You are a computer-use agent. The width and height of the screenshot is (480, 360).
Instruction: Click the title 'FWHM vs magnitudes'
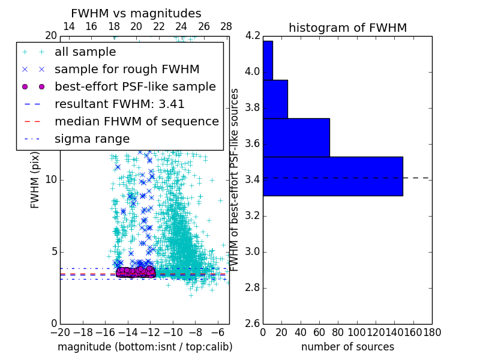[136, 13]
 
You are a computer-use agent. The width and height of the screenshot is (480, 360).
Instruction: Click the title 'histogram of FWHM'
[347, 28]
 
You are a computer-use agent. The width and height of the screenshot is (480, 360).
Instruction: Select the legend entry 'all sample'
[85, 52]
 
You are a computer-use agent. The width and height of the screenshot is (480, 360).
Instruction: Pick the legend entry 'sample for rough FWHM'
[127, 69]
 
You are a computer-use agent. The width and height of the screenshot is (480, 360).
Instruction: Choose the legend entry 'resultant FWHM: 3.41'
[119, 104]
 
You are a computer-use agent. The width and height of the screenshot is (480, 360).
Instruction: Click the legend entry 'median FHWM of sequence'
[136, 121]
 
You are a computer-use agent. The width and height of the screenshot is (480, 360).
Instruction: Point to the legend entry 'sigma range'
[92, 139]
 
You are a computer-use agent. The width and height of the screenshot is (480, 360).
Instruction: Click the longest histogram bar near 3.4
[332, 176]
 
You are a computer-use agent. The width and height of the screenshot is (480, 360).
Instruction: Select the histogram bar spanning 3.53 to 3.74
[296, 137]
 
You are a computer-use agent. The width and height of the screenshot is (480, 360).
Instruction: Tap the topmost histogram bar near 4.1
[268, 60]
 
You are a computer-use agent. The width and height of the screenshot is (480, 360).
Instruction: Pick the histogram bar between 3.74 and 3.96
[275, 99]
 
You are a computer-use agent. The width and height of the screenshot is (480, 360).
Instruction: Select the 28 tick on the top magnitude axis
[226, 26]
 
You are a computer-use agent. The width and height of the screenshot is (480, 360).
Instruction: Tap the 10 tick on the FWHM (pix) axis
[50, 180]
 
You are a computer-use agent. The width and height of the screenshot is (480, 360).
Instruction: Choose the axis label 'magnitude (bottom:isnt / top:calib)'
[145, 347]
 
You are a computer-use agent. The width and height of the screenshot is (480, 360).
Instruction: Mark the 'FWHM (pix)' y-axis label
[35, 179]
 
